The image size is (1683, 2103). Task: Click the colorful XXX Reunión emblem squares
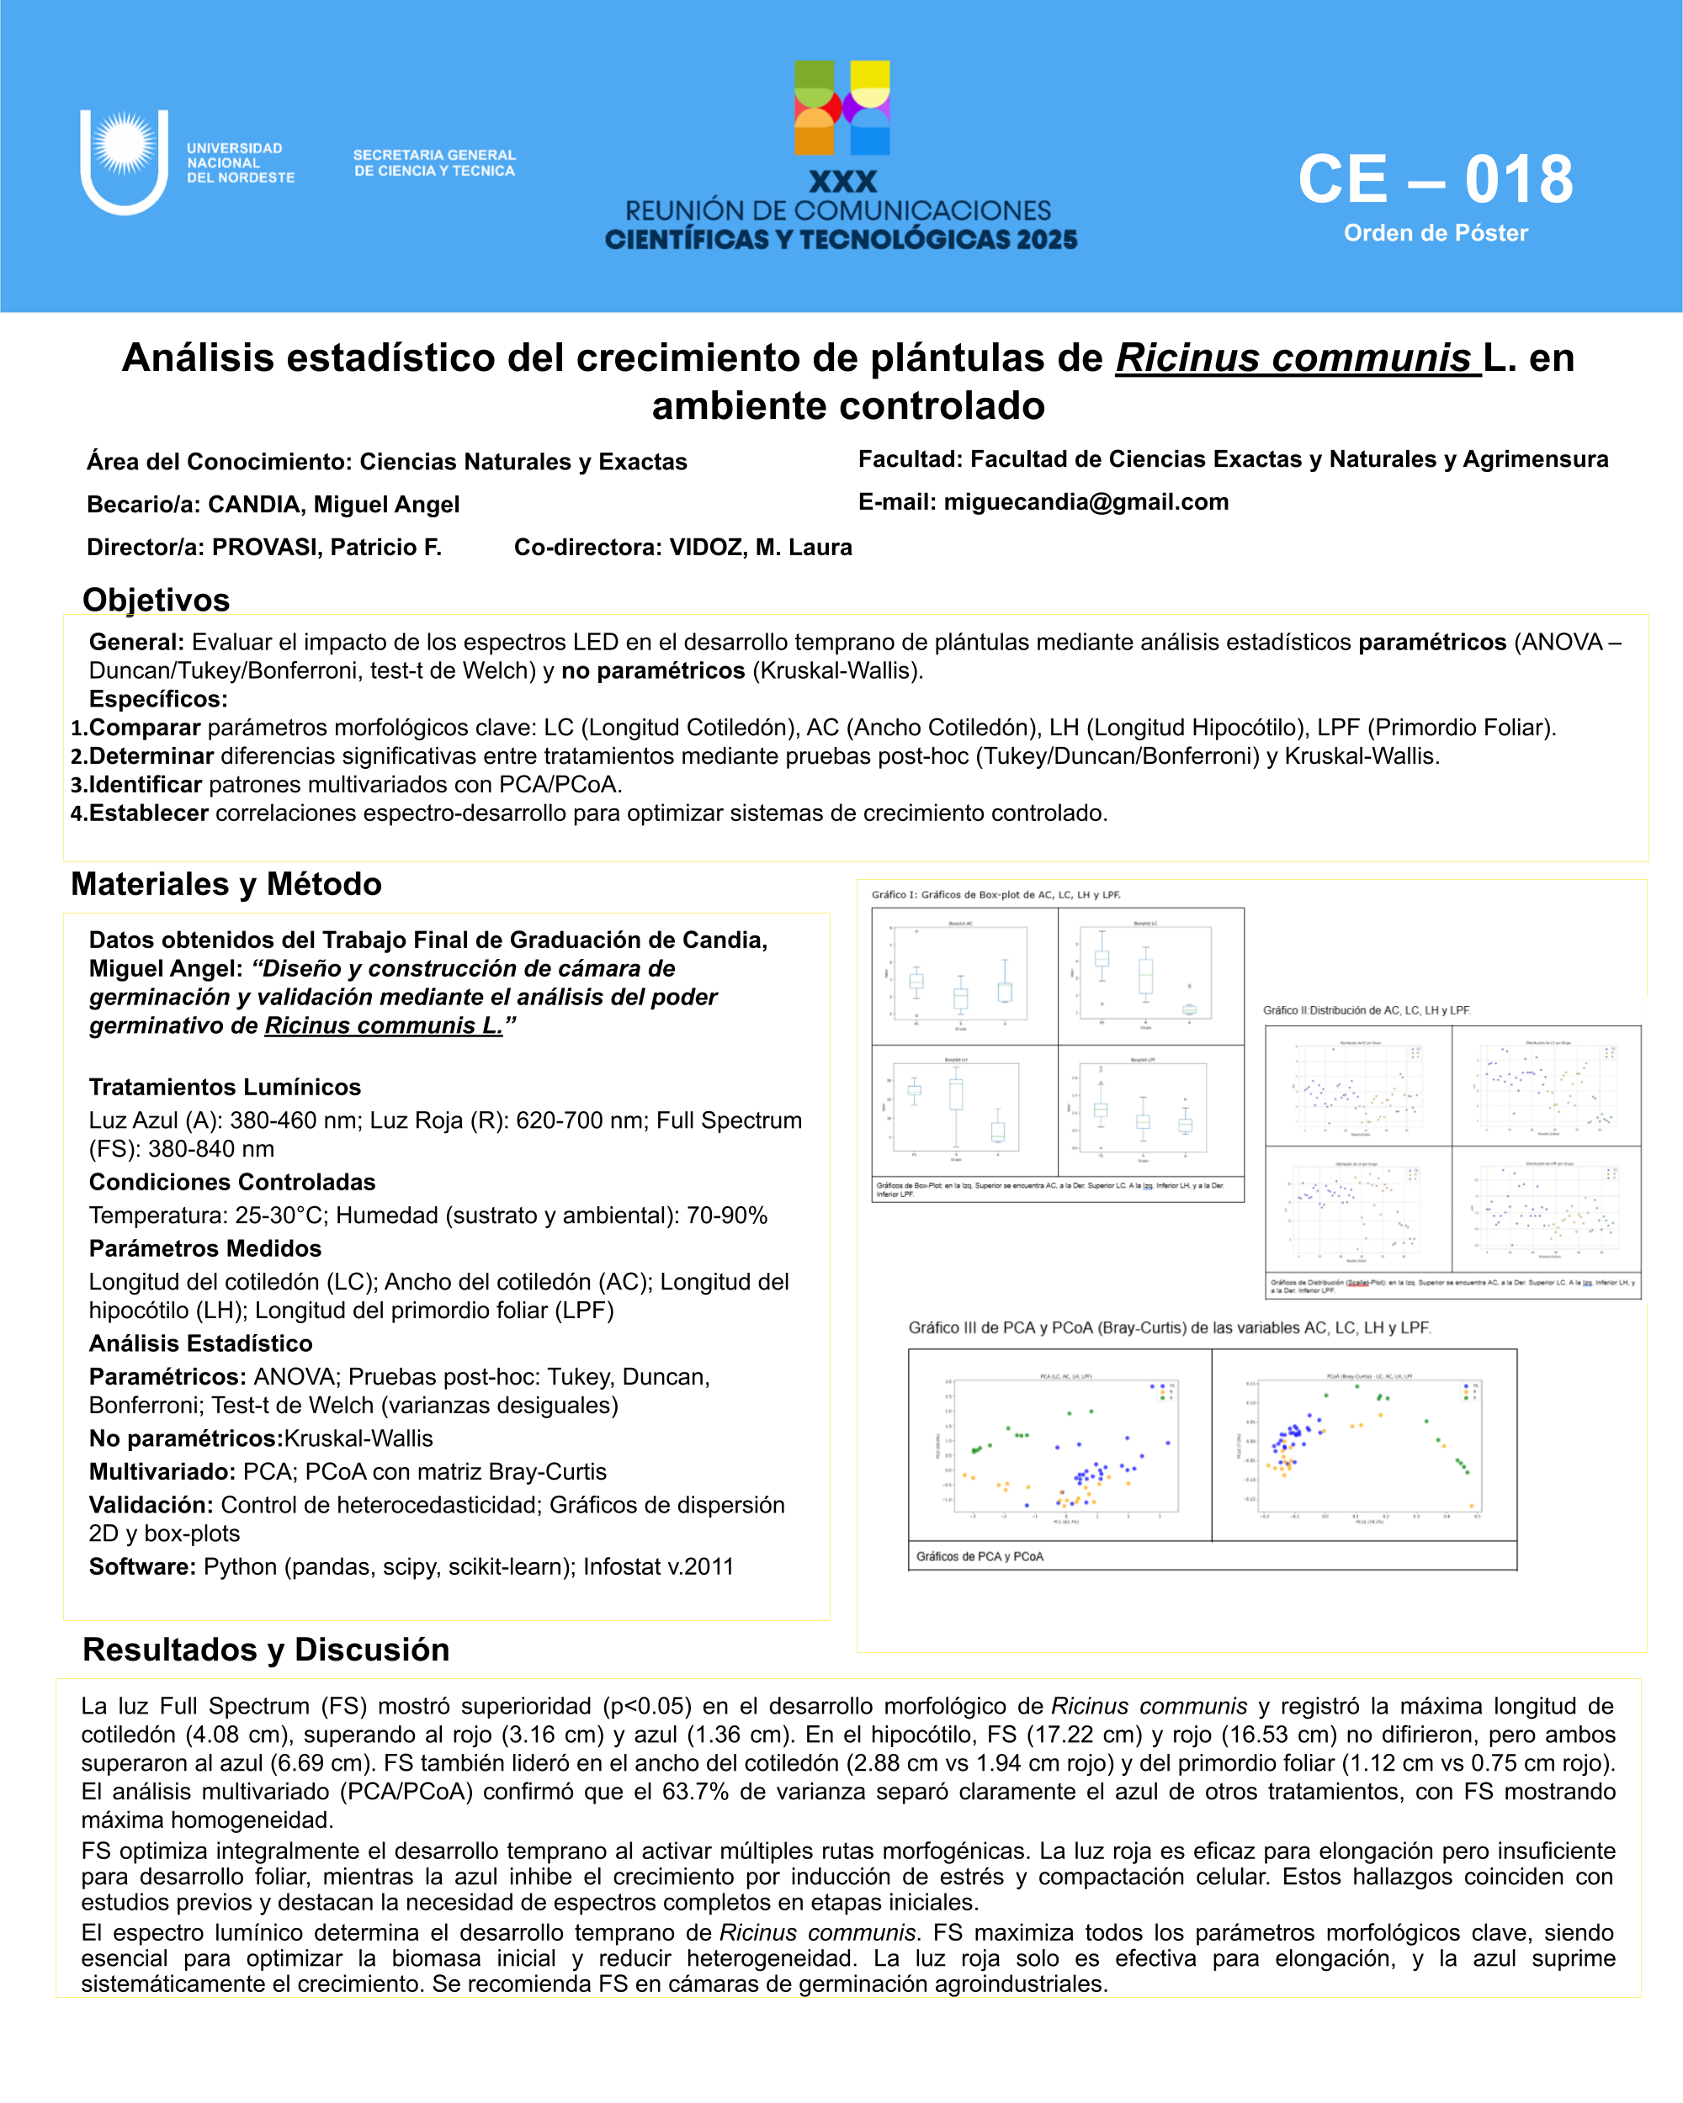pyautogui.click(x=842, y=109)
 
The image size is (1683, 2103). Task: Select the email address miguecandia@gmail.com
pyautogui.click(x=1086, y=502)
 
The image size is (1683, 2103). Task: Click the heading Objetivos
pyautogui.click(x=157, y=600)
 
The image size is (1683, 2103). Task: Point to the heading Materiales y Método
pyautogui.click(x=226, y=884)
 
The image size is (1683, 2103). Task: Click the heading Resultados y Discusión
pyautogui.click(x=265, y=1650)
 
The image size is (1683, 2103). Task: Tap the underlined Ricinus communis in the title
pyautogui.click(x=1297, y=358)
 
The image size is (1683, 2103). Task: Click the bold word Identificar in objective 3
pyautogui.click(x=146, y=784)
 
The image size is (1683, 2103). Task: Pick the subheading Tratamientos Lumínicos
pyautogui.click(x=225, y=1087)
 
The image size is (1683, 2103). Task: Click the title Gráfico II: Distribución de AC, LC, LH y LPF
pyautogui.click(x=1366, y=1010)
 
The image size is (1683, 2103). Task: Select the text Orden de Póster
pyautogui.click(x=1436, y=233)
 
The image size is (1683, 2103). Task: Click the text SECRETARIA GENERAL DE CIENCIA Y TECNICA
pyautogui.click(x=434, y=163)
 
